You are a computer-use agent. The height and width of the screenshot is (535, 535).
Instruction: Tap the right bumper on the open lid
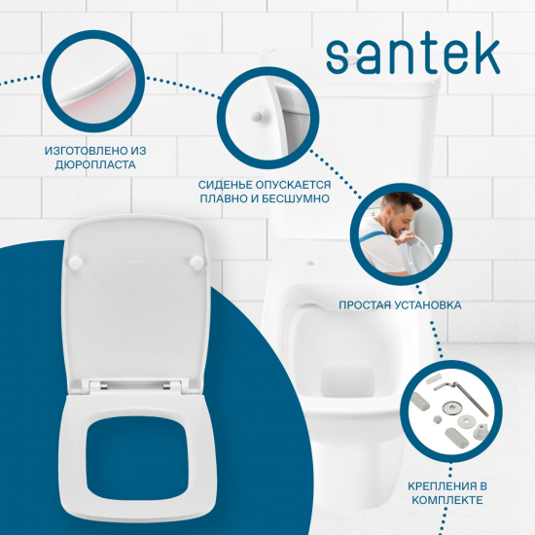coord(198,262)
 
